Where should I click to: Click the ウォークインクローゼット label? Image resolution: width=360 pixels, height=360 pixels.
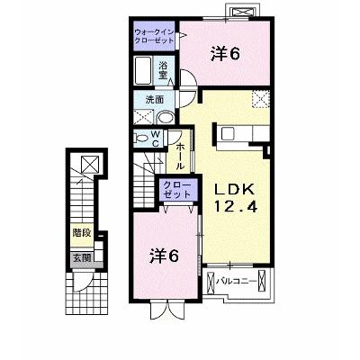tap(154, 36)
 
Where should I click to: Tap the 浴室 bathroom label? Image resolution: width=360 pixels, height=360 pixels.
tap(163, 70)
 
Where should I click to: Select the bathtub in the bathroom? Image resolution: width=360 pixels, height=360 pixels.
tap(143, 71)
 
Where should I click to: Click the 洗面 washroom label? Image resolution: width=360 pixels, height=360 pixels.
tap(155, 100)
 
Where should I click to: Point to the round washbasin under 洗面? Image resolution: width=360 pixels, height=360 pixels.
tap(166, 118)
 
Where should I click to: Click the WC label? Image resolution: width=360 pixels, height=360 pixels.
tap(156, 139)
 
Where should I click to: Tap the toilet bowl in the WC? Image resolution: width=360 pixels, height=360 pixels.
tap(140, 139)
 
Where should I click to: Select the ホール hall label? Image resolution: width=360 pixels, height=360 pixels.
tap(180, 157)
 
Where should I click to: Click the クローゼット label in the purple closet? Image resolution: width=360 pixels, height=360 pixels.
tap(178, 190)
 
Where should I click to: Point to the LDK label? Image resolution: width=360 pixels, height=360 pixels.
tap(235, 190)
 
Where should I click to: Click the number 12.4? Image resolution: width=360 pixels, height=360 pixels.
tap(235, 206)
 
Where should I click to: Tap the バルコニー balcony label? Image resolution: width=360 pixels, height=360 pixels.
tap(237, 282)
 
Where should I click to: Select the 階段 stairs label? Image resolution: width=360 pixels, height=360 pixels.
tap(82, 233)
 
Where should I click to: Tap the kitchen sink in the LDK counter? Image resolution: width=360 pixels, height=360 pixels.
tap(228, 133)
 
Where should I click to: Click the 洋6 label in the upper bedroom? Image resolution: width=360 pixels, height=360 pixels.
tap(226, 54)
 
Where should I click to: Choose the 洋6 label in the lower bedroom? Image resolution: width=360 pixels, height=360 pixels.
tap(164, 256)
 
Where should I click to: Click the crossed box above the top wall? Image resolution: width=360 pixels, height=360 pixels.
tap(242, 13)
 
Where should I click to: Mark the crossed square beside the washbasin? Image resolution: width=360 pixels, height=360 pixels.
tap(143, 117)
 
